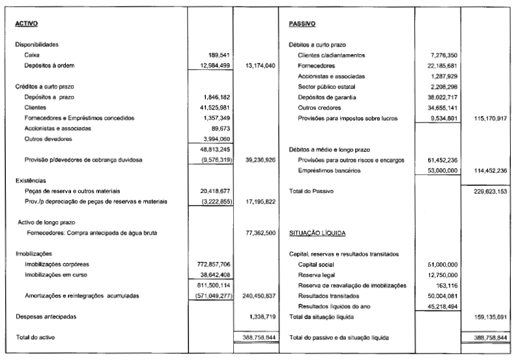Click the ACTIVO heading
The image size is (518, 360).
point(26,24)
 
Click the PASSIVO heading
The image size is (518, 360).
point(302,24)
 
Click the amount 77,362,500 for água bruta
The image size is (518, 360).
point(259,232)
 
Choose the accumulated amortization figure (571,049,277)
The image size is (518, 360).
point(206,295)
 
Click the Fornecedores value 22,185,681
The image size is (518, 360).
point(440,66)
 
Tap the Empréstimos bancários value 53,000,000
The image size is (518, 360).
point(440,170)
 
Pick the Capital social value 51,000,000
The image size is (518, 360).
point(440,264)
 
